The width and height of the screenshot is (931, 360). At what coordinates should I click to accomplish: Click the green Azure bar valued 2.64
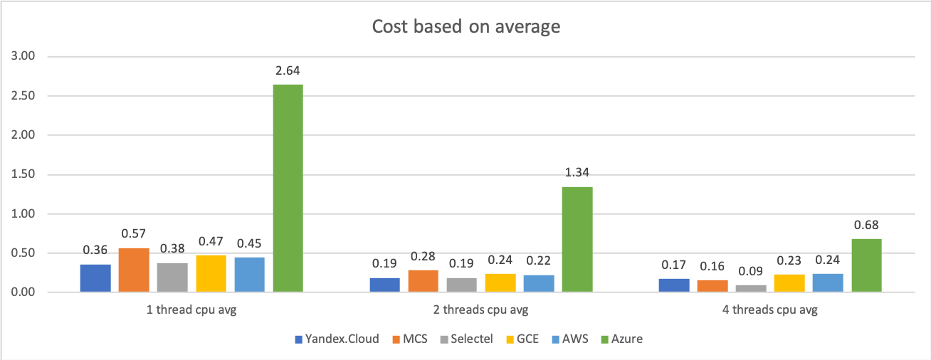coord(288,189)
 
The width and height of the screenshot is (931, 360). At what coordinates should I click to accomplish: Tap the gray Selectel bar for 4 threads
coord(751,288)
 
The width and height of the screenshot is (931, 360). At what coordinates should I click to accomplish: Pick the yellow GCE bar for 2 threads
coord(501,283)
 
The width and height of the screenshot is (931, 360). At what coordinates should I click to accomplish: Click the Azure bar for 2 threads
coord(577,240)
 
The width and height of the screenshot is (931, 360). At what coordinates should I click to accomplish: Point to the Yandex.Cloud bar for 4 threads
coord(674,285)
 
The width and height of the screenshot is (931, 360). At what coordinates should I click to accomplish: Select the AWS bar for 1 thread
coord(249,275)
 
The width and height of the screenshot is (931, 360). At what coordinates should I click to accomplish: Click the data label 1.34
coord(577,173)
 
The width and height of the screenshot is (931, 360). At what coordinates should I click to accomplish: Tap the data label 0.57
coord(134,233)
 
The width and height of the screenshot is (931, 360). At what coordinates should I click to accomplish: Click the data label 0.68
coord(866,225)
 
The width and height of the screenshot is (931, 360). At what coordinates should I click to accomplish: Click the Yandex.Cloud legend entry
coord(336,339)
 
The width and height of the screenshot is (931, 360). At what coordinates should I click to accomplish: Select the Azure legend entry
coord(621,339)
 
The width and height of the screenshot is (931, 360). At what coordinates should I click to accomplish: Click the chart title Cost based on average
coord(466,27)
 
